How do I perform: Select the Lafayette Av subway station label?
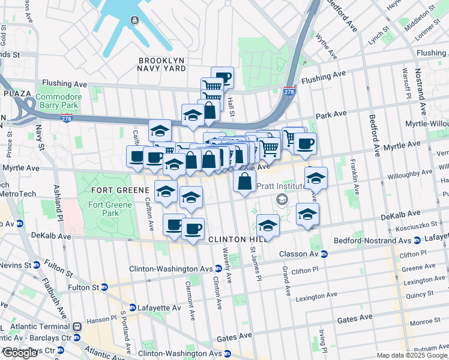pyautogui.click(x=159, y=308)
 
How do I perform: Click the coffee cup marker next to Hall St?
pyautogui.click(x=222, y=76)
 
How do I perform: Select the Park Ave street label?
pyautogui.click(x=332, y=114)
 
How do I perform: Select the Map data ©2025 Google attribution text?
pyautogui.click(x=412, y=355)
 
